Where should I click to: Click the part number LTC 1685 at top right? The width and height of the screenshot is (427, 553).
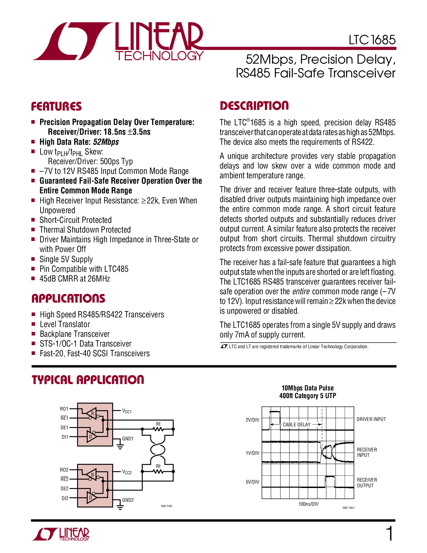(x=372, y=40)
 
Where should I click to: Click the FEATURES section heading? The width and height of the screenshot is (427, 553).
(x=56, y=106)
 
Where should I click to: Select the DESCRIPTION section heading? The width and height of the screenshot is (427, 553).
(x=254, y=106)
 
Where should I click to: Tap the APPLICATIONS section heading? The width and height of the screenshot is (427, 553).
(x=68, y=298)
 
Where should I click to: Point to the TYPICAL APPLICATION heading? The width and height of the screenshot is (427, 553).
(x=88, y=380)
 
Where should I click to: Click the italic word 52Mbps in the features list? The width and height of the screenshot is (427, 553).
(x=106, y=142)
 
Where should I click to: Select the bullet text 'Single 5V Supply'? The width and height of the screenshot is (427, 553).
(x=66, y=259)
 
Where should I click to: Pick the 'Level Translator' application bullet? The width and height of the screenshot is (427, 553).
(x=65, y=324)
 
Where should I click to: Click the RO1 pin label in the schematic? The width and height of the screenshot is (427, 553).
(x=64, y=409)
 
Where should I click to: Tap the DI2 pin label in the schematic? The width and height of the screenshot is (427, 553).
(x=65, y=498)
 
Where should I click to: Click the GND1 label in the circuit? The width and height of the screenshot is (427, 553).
(x=128, y=439)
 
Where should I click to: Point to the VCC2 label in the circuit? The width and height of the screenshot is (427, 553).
(x=127, y=472)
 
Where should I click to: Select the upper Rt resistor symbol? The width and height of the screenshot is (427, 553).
(x=158, y=429)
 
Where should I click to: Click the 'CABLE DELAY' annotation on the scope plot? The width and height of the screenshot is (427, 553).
(x=296, y=425)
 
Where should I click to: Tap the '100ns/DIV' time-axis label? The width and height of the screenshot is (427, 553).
(x=308, y=504)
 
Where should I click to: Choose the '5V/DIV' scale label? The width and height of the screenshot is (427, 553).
(x=252, y=482)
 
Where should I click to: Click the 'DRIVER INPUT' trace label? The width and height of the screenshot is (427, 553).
(x=371, y=419)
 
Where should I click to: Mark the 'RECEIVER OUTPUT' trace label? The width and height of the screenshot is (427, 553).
(x=367, y=483)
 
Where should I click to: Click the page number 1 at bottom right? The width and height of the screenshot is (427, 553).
(x=389, y=534)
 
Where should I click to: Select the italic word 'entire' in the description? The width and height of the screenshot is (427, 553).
(x=301, y=291)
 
